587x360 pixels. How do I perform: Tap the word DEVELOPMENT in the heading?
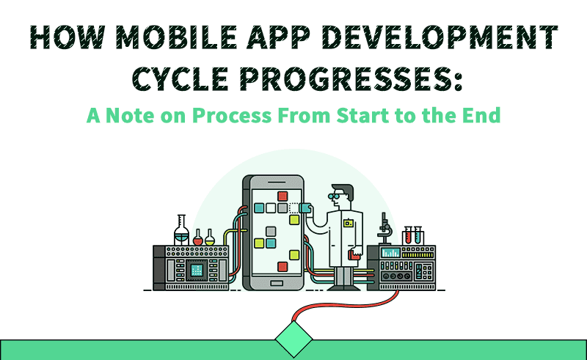(x=440, y=37)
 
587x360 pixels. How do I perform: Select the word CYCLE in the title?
(x=181, y=78)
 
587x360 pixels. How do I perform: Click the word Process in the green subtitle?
(x=232, y=115)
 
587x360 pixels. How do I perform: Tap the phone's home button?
(x=277, y=283)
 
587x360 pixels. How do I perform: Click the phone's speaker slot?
(x=277, y=183)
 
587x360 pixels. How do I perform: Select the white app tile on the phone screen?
(x=271, y=208)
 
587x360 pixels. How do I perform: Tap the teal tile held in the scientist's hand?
(x=305, y=207)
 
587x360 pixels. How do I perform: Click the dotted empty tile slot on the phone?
(x=294, y=207)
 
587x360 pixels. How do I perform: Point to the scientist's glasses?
(x=334, y=196)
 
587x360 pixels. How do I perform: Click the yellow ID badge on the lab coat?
(x=348, y=224)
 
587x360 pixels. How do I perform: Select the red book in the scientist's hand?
(x=354, y=255)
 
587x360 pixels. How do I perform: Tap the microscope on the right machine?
(x=384, y=229)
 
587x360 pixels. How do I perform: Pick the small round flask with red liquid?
(x=197, y=238)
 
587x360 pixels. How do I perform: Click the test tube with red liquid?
(x=408, y=235)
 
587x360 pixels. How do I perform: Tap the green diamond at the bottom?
(x=293, y=339)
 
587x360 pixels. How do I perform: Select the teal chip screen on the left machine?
(x=197, y=269)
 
